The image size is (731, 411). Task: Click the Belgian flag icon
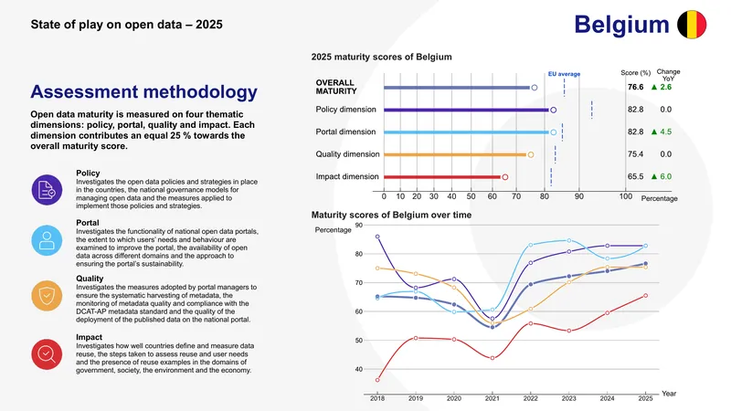click(692, 25)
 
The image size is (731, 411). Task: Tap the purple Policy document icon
click(47, 190)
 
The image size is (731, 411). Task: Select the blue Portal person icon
click(47, 240)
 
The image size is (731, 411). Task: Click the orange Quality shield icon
click(47, 295)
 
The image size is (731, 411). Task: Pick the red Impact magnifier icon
click(47, 354)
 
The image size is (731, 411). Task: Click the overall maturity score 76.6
click(635, 87)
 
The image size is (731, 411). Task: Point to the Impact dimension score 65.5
click(635, 176)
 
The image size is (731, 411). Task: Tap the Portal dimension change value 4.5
click(666, 132)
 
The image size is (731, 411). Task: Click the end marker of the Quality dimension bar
click(531, 154)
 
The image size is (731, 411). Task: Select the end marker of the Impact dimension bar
click(505, 177)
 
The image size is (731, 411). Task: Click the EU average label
click(564, 74)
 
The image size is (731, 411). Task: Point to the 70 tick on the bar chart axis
click(516, 196)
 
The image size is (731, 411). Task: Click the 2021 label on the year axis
click(493, 398)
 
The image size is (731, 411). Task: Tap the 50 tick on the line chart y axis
click(358, 341)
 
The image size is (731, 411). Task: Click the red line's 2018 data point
click(377, 380)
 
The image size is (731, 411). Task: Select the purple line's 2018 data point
click(377, 237)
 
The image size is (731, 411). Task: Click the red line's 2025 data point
click(646, 295)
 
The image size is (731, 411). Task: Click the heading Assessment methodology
click(143, 92)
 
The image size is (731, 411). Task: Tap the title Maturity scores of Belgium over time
click(391, 215)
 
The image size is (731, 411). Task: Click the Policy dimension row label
click(346, 110)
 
